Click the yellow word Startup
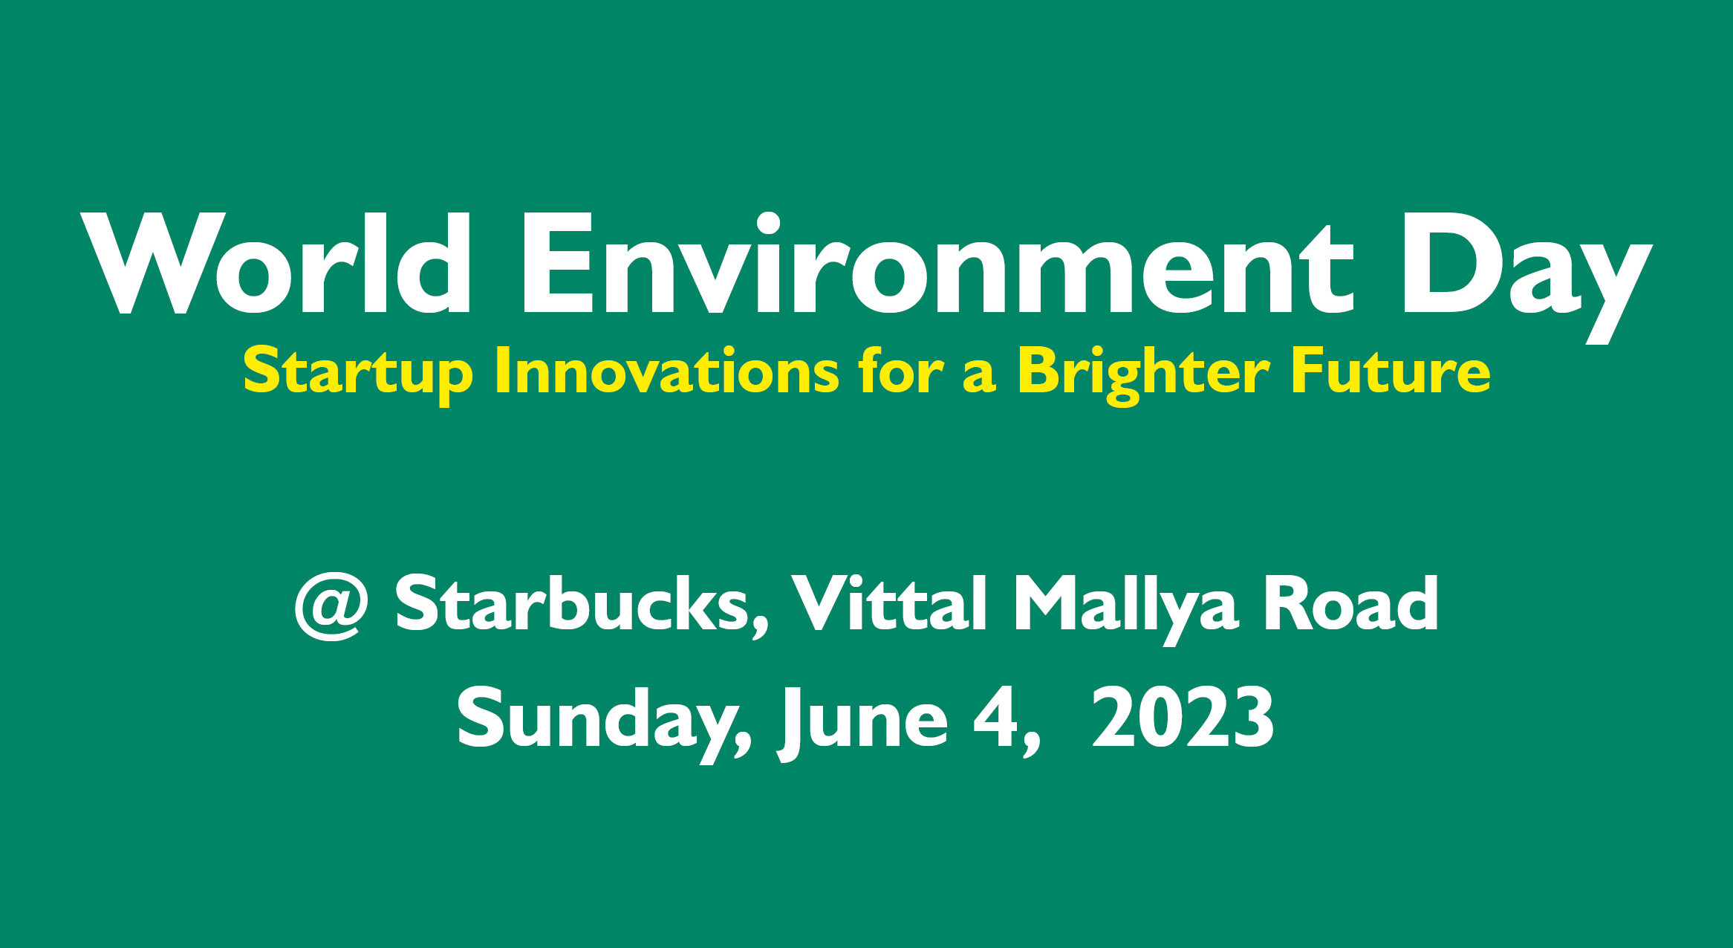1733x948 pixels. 358,374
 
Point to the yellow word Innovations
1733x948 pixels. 667,371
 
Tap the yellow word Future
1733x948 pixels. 1391,371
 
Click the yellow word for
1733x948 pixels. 901,371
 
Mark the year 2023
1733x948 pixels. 1183,716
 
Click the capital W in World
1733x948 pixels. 153,264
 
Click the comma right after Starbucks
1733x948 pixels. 759,629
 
